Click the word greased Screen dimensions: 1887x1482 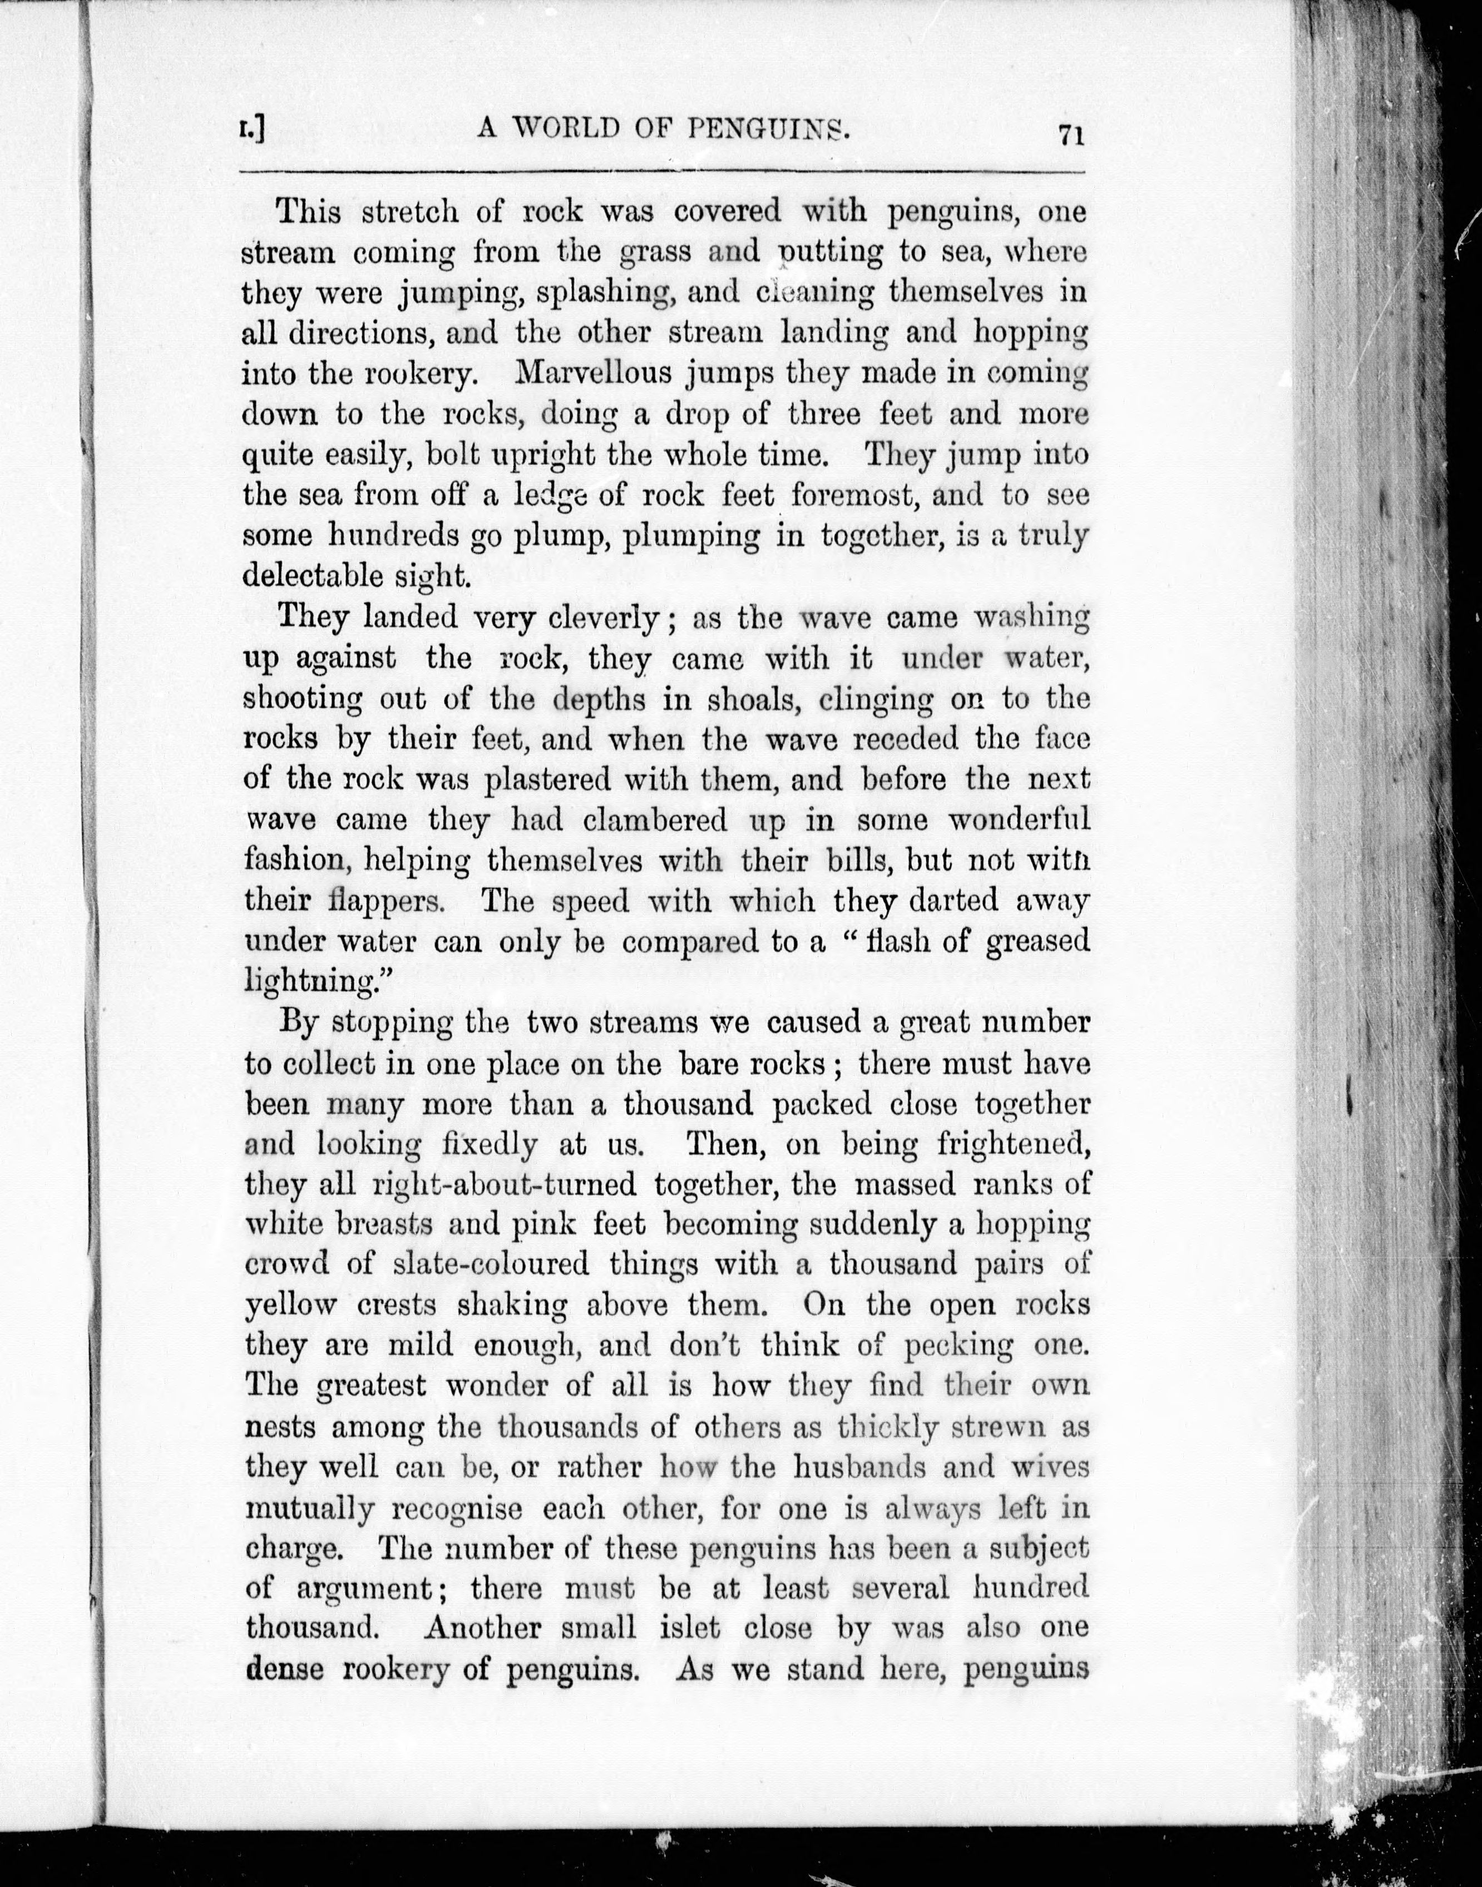pyautogui.click(x=1038, y=941)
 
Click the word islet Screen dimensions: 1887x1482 pyautogui.click(x=690, y=1628)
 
